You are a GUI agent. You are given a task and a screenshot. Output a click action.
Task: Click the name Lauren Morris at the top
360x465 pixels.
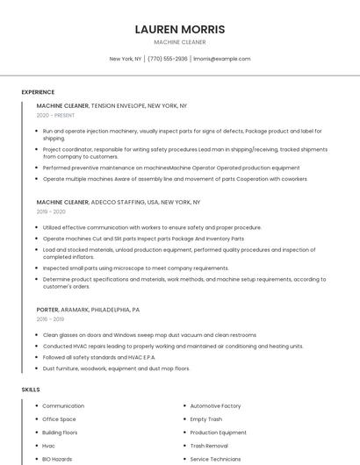pyautogui.click(x=180, y=29)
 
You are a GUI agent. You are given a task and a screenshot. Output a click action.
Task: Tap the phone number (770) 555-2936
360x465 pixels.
pyautogui.click(x=168, y=59)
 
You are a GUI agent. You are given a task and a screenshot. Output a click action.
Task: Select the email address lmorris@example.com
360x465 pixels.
pyautogui.click(x=221, y=59)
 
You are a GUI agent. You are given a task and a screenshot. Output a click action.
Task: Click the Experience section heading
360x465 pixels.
pyautogui.click(x=38, y=91)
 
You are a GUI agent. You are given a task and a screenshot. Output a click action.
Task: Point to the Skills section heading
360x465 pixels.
pyautogui.click(x=31, y=390)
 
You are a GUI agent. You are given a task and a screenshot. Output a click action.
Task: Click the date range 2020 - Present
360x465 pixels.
pyautogui.click(x=55, y=115)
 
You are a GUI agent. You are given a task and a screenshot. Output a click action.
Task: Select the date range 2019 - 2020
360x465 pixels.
pyautogui.click(x=51, y=211)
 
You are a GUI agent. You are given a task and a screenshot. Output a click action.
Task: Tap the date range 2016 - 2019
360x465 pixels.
pyautogui.click(x=51, y=319)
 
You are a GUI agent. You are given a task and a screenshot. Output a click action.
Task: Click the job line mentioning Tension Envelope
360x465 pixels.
pyautogui.click(x=112, y=105)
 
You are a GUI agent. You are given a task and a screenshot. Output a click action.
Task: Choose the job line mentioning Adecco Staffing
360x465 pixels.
pyautogui.click(x=119, y=202)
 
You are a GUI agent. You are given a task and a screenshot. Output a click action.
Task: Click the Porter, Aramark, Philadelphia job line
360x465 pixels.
pyautogui.click(x=88, y=310)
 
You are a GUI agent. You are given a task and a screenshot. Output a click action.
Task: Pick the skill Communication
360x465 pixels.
pyautogui.click(x=63, y=406)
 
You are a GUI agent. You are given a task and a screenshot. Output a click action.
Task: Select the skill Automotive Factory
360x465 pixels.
pyautogui.click(x=215, y=406)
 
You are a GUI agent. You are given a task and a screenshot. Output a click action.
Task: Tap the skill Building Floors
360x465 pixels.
pyautogui.click(x=60, y=433)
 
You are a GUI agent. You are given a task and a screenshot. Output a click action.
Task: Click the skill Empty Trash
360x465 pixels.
pyautogui.click(x=206, y=419)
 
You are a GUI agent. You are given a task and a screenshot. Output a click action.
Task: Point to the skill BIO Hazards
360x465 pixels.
pyautogui.click(x=57, y=459)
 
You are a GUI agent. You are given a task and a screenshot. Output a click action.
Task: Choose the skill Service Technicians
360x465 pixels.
pyautogui.click(x=215, y=459)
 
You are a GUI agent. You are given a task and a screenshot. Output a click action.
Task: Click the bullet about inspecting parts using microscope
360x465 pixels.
pyautogui.click(x=135, y=268)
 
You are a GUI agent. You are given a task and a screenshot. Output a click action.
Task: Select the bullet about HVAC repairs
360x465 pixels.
pyautogui.click(x=173, y=346)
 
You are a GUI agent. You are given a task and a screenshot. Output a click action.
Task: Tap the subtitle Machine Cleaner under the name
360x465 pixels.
pyautogui.click(x=180, y=42)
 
